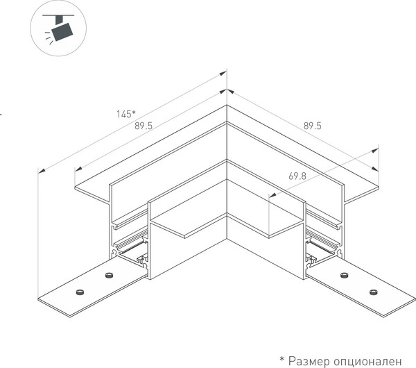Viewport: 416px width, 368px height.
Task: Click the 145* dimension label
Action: [126, 114]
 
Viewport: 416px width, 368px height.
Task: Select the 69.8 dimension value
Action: [297, 176]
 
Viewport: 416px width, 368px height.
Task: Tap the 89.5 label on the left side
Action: [144, 126]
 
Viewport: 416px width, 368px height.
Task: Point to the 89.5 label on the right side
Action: [312, 126]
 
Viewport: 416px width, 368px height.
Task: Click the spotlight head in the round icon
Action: [62, 32]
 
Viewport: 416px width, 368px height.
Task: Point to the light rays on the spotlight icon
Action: [49, 38]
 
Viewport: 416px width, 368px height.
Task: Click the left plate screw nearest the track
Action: [108, 275]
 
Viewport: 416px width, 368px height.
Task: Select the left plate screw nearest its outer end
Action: [80, 292]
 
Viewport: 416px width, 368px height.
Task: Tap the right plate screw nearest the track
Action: [344, 275]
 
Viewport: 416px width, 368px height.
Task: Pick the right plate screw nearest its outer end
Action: [373, 292]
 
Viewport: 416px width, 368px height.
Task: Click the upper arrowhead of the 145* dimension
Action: [223, 74]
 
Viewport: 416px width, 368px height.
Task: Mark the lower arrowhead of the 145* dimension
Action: [42, 171]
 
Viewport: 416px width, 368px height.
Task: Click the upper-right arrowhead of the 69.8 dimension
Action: [375, 151]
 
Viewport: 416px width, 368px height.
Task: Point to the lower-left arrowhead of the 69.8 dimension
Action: [272, 196]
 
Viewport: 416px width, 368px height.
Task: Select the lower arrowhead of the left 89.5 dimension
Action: [78, 169]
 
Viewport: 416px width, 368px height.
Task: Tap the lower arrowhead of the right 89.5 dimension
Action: [375, 169]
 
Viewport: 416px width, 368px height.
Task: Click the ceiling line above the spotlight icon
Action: [58, 15]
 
